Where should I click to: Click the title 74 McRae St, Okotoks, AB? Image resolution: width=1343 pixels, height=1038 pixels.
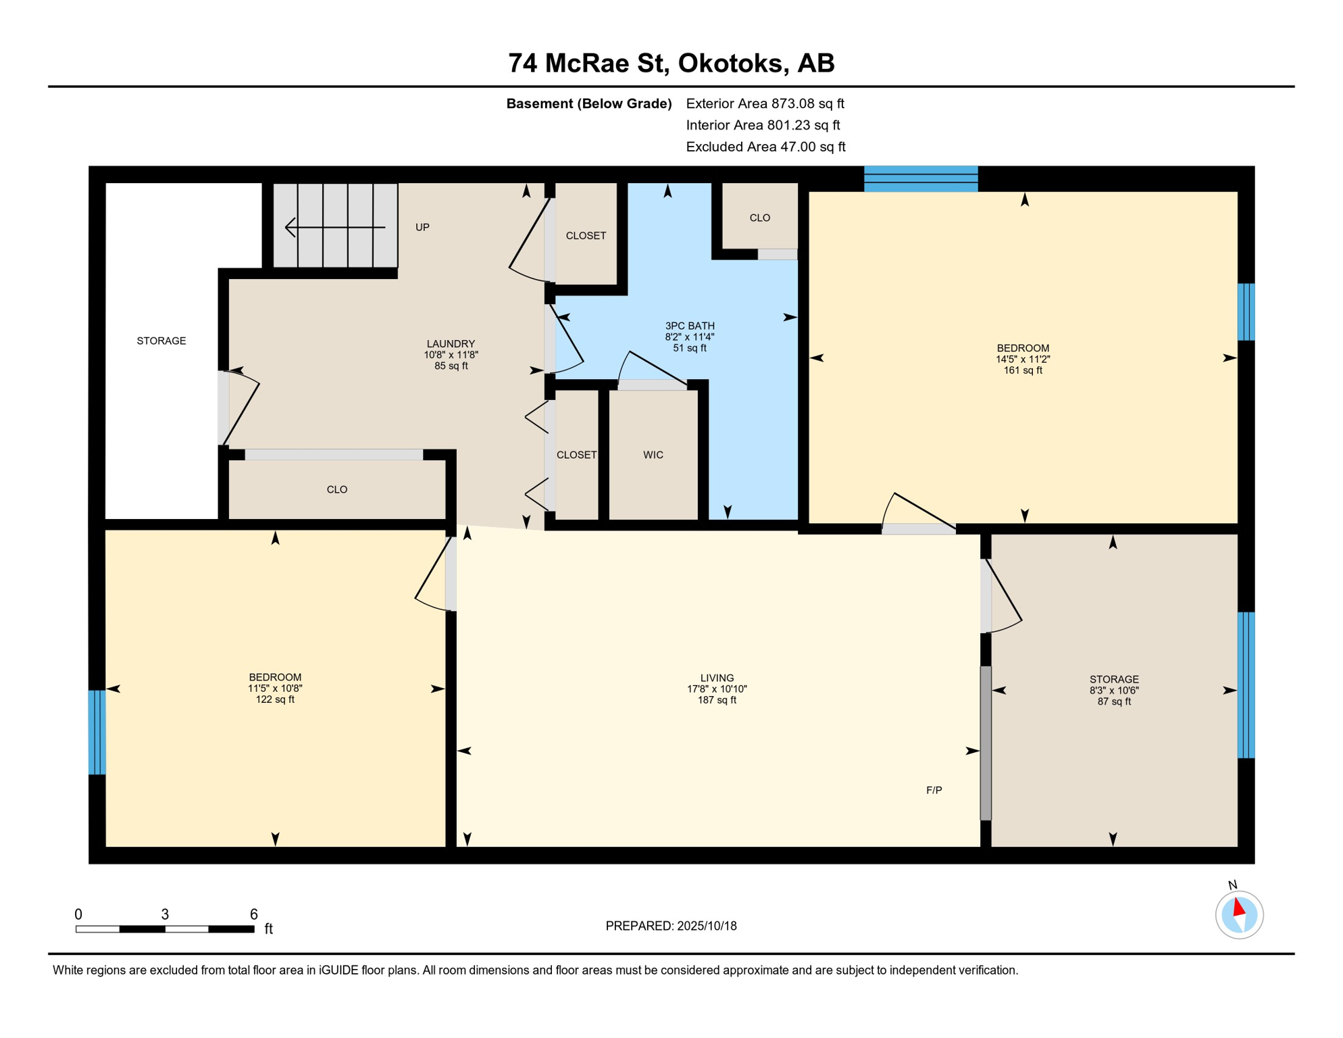pos(671,64)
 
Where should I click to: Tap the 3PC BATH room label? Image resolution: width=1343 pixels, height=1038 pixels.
pos(690,326)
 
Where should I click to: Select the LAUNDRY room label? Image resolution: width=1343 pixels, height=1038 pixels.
pos(451,343)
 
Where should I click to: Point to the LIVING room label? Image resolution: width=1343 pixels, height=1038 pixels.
pos(717,678)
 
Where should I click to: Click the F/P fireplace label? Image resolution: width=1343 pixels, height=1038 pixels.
pos(934,790)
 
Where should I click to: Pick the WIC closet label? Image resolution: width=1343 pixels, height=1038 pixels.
pos(653,455)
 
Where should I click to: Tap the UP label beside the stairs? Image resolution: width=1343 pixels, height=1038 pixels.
pos(422,227)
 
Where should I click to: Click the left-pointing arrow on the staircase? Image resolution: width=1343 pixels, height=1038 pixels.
pos(335,227)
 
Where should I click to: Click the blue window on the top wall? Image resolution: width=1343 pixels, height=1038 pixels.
pos(921,179)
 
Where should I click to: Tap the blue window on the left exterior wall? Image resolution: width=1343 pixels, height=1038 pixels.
pos(97,732)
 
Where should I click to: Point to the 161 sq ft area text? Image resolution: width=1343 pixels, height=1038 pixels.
pos(1023,370)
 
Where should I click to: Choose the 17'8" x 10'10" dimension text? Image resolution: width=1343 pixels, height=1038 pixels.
pos(717,689)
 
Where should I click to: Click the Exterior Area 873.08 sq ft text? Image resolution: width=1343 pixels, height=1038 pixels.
pos(765,103)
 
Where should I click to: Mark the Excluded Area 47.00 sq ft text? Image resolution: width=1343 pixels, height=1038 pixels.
pos(765,147)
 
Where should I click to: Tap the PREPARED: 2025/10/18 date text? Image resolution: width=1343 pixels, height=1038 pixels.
pos(671,926)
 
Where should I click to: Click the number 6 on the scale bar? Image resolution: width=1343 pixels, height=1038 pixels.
pos(254,914)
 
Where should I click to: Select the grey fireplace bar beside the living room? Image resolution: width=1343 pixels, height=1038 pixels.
pos(986,743)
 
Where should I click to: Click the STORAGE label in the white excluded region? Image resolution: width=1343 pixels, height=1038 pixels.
pos(161,341)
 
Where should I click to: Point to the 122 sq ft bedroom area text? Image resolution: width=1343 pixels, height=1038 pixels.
pos(275,699)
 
